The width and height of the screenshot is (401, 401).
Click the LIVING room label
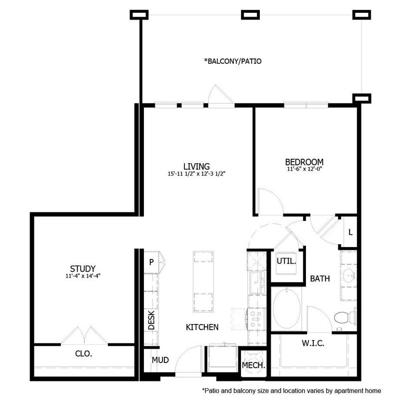(196, 166)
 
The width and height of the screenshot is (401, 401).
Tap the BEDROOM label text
(305, 162)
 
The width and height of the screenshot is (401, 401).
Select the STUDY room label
(83, 268)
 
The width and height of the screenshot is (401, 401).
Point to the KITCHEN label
(202, 327)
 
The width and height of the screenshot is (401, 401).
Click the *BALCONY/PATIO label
(233, 61)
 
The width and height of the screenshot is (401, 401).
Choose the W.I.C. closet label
(313, 343)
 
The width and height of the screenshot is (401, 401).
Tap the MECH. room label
(253, 365)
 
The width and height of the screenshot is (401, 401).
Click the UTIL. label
(286, 261)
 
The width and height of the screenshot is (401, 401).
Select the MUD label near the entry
(160, 360)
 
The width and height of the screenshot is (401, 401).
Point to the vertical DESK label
(151, 320)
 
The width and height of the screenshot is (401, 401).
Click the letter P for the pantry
(151, 262)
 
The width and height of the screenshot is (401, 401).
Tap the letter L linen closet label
(350, 232)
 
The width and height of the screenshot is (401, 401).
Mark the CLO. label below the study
(84, 353)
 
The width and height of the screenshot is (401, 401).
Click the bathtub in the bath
(286, 309)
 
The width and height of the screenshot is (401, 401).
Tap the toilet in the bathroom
(344, 317)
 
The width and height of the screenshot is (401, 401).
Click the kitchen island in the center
(203, 281)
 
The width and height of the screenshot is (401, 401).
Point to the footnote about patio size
(292, 391)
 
